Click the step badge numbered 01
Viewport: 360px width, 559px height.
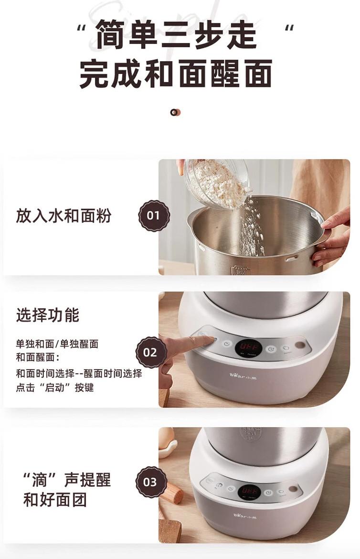coord(154,215)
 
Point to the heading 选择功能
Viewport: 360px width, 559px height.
coord(47,315)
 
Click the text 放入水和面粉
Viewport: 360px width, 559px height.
coord(64,215)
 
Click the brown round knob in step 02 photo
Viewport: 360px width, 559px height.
coord(300,345)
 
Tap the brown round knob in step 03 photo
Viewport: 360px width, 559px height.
coord(293,489)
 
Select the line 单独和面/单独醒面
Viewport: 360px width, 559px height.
coord(57,344)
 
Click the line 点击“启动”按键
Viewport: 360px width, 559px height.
coord(55,387)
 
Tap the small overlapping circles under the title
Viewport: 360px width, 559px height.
coord(175,113)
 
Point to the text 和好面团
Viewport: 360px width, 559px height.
coord(55,499)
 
